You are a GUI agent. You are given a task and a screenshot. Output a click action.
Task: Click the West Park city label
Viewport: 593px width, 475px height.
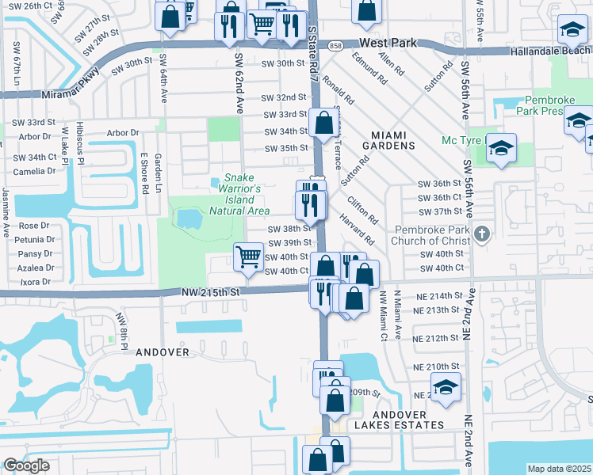[388, 43]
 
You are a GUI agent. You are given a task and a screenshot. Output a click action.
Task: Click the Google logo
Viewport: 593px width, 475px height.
[26, 465]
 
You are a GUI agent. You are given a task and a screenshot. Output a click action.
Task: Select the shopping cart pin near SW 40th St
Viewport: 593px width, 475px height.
[249, 257]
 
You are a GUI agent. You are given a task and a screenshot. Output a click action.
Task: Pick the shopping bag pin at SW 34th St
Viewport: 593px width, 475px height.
[323, 123]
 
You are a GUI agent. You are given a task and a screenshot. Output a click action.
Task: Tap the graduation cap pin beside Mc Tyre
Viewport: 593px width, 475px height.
[501, 148]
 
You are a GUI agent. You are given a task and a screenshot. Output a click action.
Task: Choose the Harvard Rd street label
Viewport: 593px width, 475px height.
[359, 230]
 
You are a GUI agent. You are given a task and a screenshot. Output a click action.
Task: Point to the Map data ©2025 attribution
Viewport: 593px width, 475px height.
[559, 469]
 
